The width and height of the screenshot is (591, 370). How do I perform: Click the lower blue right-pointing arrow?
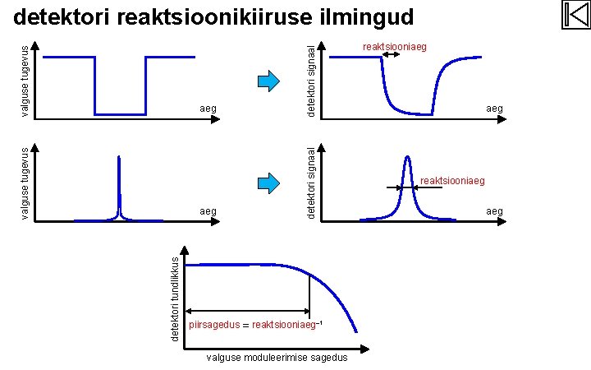point(269,182)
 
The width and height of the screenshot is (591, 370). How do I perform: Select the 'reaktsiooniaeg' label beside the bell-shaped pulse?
point(453,180)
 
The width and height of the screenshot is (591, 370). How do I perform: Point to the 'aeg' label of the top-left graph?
point(208,108)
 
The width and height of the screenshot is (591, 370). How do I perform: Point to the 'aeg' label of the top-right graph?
point(494,108)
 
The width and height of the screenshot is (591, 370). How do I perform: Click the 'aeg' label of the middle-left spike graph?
point(208,211)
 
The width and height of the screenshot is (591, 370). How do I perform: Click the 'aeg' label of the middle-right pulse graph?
point(494,211)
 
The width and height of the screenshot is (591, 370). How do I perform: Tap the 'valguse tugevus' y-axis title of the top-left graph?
point(25,81)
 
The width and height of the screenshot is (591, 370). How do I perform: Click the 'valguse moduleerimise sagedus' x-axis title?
point(277,358)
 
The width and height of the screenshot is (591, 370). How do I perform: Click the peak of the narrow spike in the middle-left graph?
point(120,157)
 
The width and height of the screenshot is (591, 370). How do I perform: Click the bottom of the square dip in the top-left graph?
point(120,113)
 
